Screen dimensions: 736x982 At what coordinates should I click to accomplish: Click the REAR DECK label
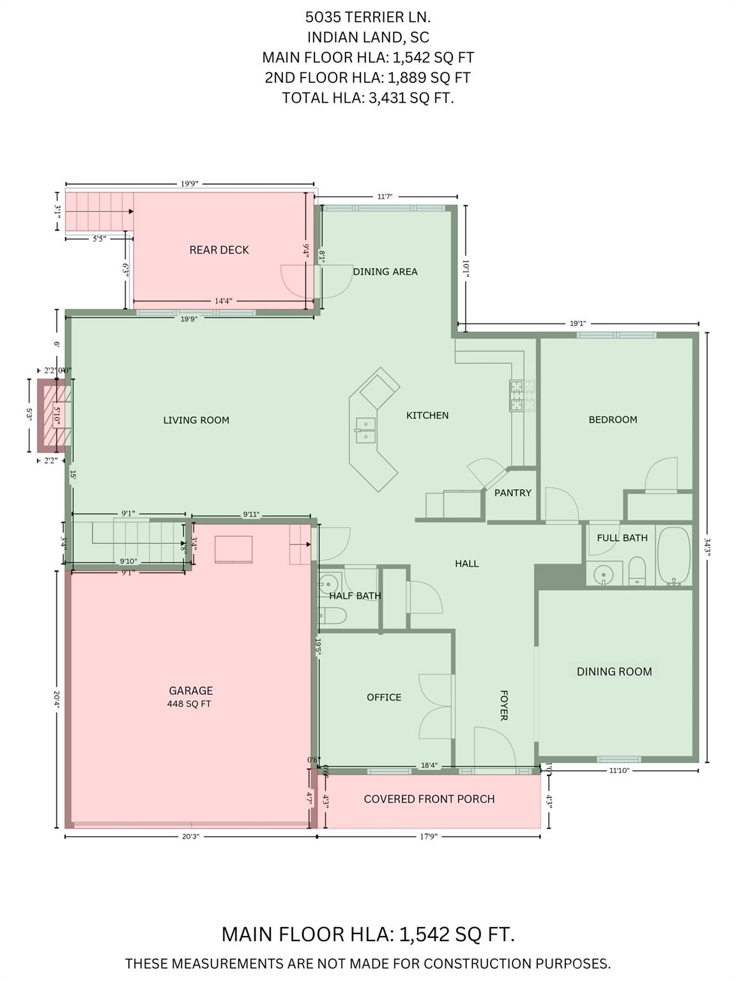(x=218, y=250)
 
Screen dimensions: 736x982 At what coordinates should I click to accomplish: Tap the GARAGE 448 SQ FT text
(x=190, y=696)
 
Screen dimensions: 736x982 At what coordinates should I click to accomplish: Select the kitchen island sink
(x=365, y=430)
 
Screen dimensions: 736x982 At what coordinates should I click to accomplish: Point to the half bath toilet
(x=332, y=616)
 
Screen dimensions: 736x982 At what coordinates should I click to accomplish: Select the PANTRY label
(x=512, y=493)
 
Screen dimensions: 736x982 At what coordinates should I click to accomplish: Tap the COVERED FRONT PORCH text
(x=429, y=799)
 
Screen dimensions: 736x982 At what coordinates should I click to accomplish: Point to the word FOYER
(x=503, y=705)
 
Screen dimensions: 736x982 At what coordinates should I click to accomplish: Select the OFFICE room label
(x=384, y=698)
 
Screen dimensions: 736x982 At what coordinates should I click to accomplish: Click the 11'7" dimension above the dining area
(x=385, y=197)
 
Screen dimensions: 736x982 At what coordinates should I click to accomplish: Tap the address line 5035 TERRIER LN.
(x=368, y=17)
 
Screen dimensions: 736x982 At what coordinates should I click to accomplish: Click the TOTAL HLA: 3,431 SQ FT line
(x=368, y=98)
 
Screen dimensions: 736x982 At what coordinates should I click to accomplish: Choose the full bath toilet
(x=637, y=570)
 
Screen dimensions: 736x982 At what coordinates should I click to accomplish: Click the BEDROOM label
(x=613, y=420)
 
